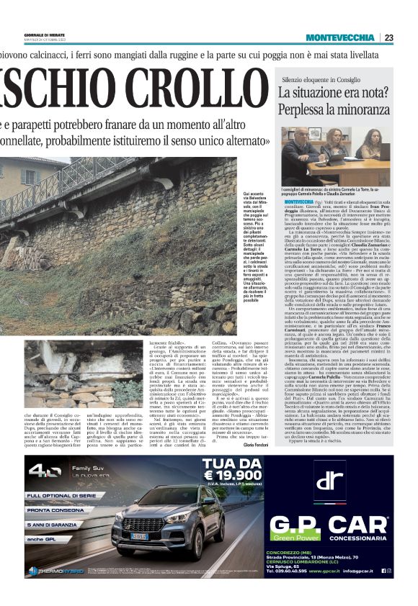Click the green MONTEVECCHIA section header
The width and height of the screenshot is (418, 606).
pyautogui.click(x=339, y=37)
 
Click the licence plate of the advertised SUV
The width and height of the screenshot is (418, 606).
pyautogui.click(x=138, y=535)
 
